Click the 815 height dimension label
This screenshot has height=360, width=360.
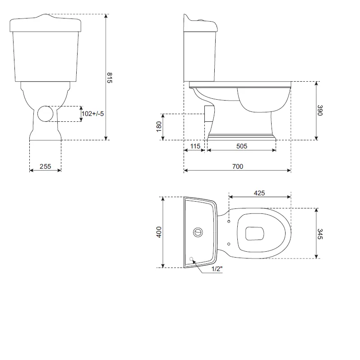point(110,78)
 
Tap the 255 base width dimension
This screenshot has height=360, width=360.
point(45,166)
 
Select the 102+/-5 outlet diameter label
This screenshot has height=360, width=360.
point(93,114)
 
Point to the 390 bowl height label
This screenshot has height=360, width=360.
point(320,111)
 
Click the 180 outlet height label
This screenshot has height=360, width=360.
point(159,126)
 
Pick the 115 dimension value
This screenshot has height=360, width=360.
point(195,146)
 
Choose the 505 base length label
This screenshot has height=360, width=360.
point(242,146)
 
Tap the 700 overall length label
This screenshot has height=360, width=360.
point(238,166)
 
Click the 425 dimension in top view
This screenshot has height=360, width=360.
point(259,193)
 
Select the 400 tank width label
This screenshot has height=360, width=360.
point(159,232)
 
